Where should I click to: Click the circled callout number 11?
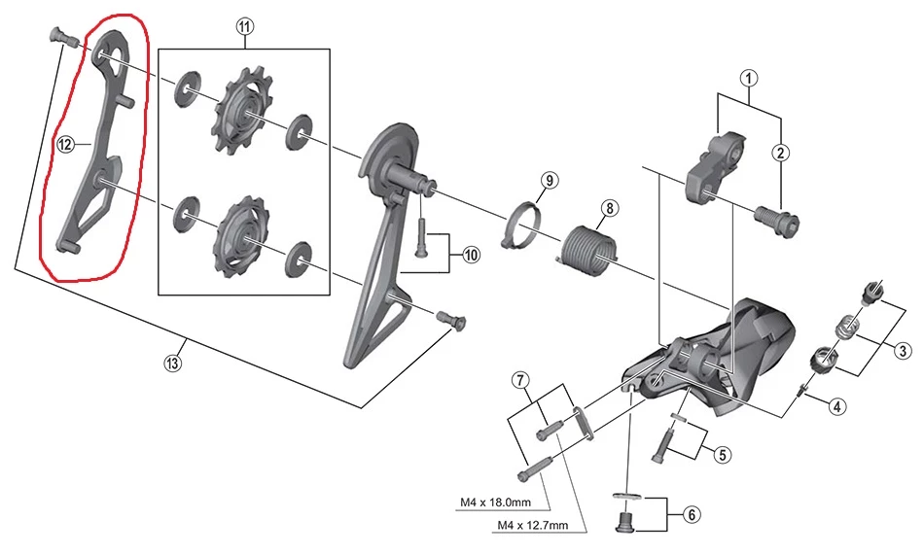tap(243, 27)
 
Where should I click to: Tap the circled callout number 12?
tap(66, 145)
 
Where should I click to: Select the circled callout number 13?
tap(173, 364)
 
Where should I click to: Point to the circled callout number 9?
tap(550, 181)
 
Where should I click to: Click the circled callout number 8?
tap(609, 208)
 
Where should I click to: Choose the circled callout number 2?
tap(781, 151)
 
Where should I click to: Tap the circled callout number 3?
tap(903, 350)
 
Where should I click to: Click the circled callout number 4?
tap(837, 407)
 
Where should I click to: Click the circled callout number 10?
tap(471, 256)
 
